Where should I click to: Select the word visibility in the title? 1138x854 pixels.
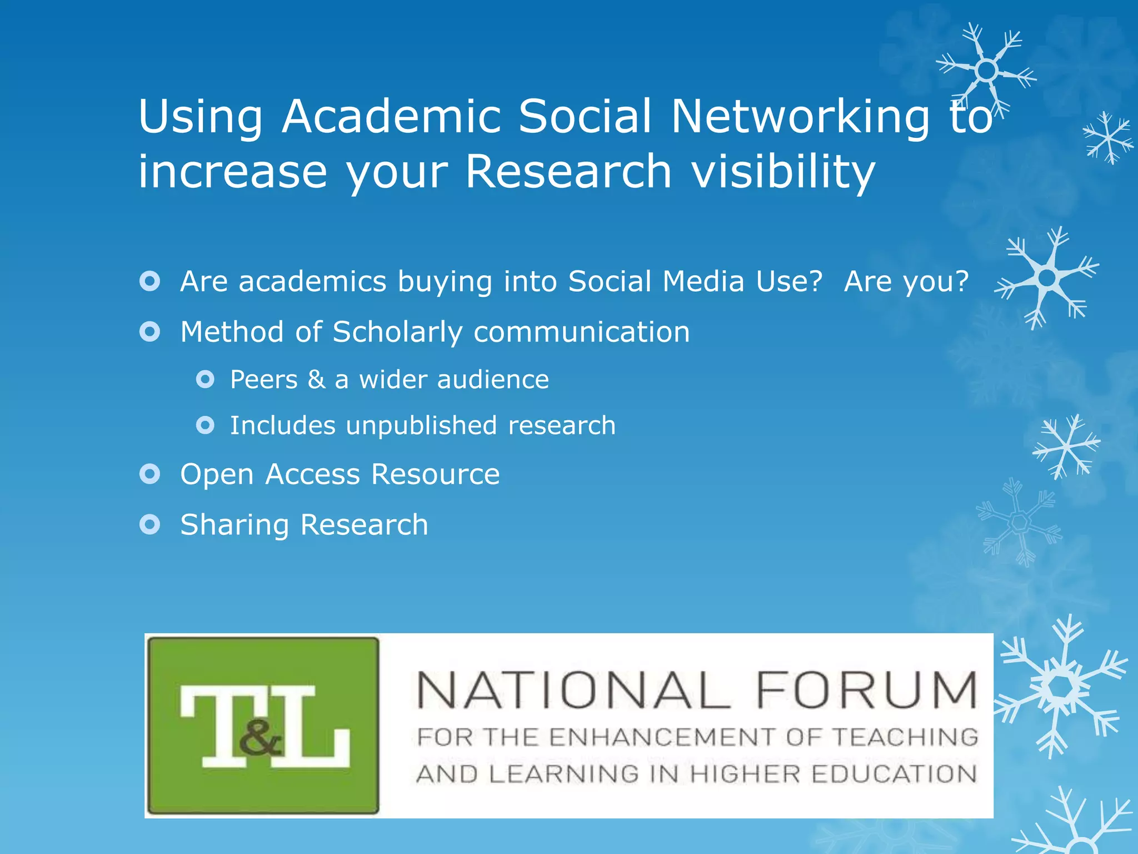(x=783, y=172)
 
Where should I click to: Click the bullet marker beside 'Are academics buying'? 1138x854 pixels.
(x=150, y=281)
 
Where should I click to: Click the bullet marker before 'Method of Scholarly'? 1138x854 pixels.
(x=150, y=332)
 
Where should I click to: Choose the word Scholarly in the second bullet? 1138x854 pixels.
(x=397, y=332)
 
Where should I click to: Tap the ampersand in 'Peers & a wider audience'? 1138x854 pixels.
(x=316, y=380)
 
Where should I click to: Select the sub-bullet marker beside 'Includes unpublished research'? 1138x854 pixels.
(x=205, y=425)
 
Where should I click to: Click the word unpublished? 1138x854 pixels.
(x=421, y=426)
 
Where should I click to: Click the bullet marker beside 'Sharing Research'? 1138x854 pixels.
(x=150, y=524)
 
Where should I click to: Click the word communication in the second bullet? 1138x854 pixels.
(x=581, y=332)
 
